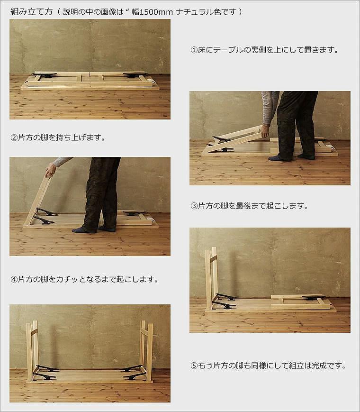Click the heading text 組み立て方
[31, 11]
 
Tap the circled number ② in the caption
[14, 138]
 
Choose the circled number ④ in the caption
[14, 279]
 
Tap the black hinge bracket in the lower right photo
[225, 301]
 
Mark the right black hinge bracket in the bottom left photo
[134, 372]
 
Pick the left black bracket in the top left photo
[45, 75]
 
